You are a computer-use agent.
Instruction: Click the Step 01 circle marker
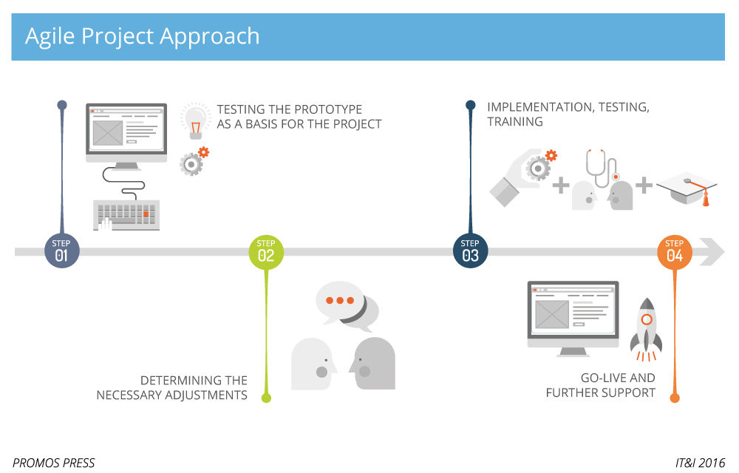click(x=61, y=251)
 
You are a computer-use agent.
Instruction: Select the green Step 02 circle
click(x=266, y=251)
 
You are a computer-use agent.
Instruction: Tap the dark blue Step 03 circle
click(x=470, y=251)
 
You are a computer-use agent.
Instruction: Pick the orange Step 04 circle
click(x=674, y=251)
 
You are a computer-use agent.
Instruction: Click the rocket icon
click(x=646, y=328)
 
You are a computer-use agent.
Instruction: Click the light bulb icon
click(x=195, y=120)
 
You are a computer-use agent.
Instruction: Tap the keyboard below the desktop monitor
click(x=126, y=214)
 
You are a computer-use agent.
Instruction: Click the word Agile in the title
click(x=51, y=36)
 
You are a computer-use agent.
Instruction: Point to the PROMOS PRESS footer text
click(x=54, y=463)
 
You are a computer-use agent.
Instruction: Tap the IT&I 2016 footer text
click(x=700, y=463)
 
